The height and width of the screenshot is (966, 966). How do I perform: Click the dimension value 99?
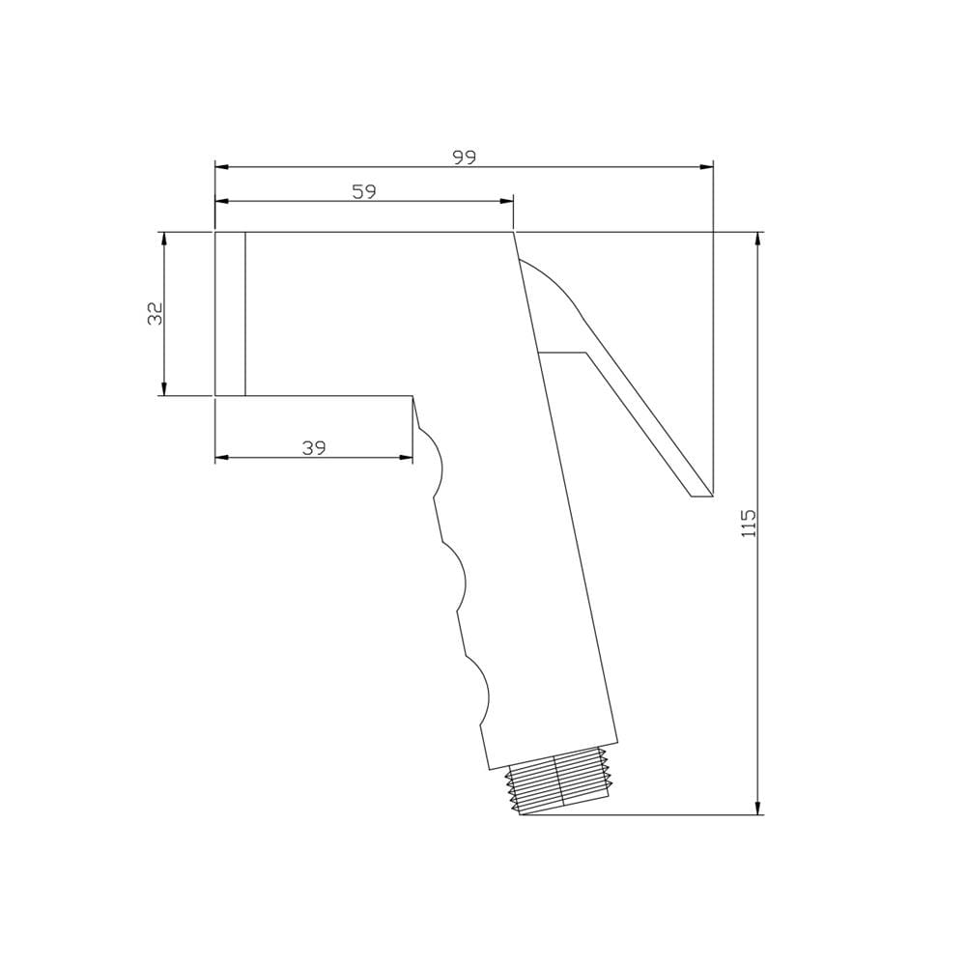pyautogui.click(x=465, y=157)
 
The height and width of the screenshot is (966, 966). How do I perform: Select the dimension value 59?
pyautogui.click(x=364, y=191)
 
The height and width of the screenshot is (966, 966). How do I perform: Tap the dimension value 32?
pyautogui.click(x=156, y=314)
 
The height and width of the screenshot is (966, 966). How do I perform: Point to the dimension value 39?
pyautogui.click(x=314, y=448)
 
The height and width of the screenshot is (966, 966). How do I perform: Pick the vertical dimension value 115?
pyautogui.click(x=748, y=523)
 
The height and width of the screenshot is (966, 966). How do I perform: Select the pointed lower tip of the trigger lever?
pyautogui.click(x=711, y=495)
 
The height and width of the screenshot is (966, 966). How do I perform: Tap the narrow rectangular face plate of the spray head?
pyautogui.click(x=230, y=314)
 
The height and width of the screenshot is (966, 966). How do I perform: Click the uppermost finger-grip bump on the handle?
pyautogui.click(x=436, y=463)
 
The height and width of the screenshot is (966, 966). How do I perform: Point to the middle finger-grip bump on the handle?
pyautogui.click(x=459, y=578)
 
